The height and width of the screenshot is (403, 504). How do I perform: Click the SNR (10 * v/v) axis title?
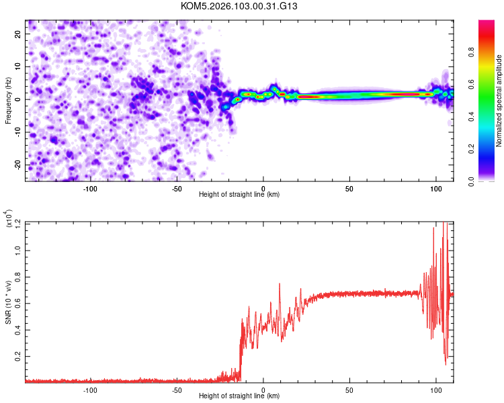pos(9,302)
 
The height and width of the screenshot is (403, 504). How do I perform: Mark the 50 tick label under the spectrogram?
pos(349,187)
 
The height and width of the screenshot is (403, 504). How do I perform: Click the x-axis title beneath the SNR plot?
pos(239,396)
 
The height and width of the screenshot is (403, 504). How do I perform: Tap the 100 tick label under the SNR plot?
pos(436,389)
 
